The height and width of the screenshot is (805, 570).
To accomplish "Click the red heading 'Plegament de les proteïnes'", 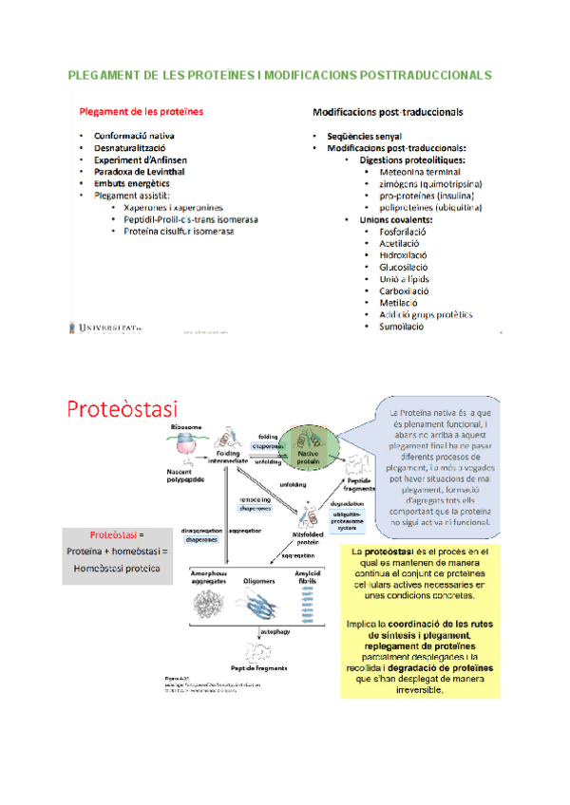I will pyautogui.click(x=141, y=111).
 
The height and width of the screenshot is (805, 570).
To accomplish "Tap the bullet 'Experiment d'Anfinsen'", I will pyautogui.click(x=139, y=160).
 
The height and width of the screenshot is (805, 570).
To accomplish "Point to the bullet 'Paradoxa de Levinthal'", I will pyautogui.click(x=140, y=173).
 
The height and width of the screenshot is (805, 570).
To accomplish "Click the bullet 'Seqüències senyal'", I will pyautogui.click(x=364, y=137).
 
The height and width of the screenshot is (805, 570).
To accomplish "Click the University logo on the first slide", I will pyautogui.click(x=103, y=328).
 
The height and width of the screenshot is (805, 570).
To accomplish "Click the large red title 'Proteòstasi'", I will pyautogui.click(x=122, y=410).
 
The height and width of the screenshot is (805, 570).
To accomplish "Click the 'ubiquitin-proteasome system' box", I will pyautogui.click(x=346, y=521).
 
